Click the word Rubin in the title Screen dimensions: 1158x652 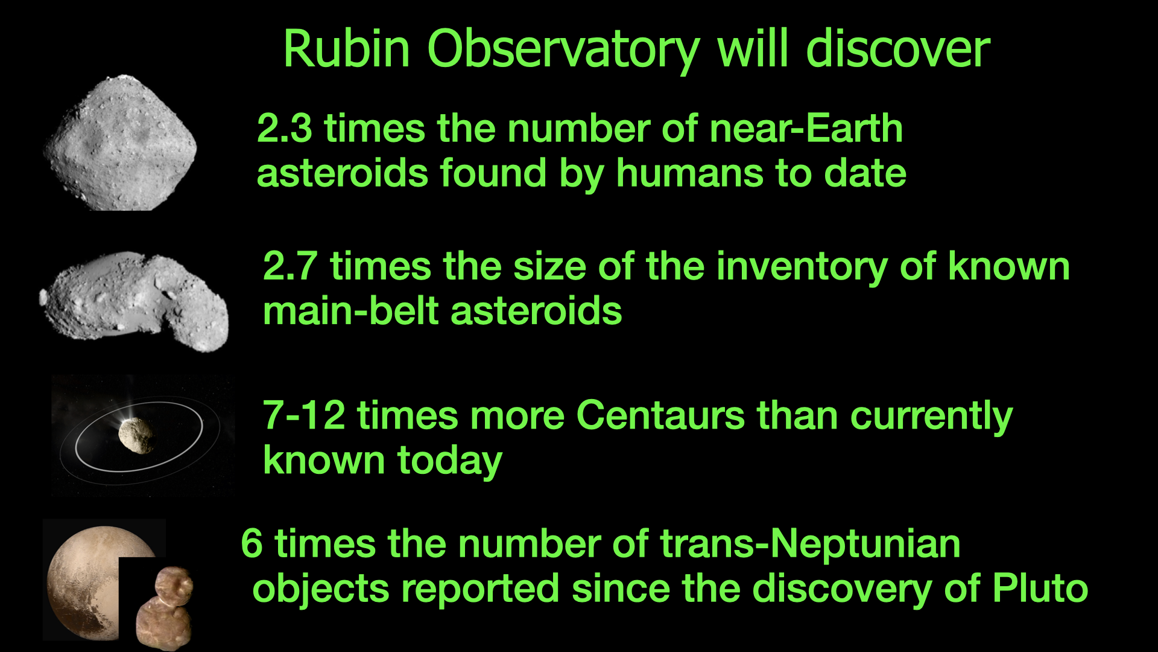(347, 49)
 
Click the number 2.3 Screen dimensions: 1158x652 (284, 129)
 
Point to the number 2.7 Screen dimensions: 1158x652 (290, 266)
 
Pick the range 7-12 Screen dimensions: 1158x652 (304, 416)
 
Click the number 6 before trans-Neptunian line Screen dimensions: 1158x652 (252, 543)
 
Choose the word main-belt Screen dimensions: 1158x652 (351, 311)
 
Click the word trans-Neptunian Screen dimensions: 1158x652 (810, 544)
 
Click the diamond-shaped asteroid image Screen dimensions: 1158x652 (121, 143)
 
